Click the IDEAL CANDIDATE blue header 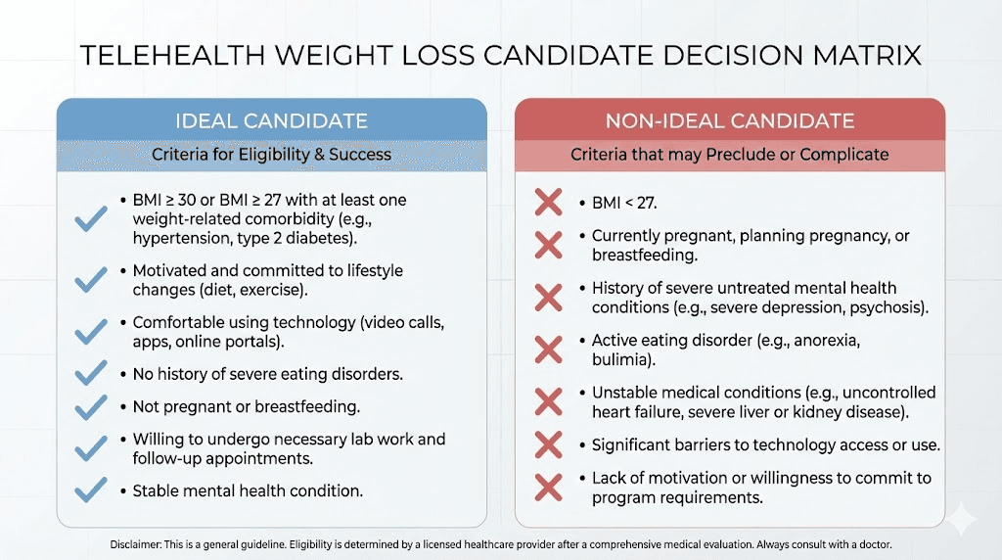[271, 121]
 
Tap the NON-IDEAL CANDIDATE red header [729, 121]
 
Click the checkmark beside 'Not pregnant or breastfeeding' [91, 406]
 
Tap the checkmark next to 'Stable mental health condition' [91, 490]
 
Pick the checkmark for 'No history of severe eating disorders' [91, 373]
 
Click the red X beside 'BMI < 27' [549, 204]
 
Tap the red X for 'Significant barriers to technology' [549, 444]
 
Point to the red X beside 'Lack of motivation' [549, 488]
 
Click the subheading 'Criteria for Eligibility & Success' [271, 155]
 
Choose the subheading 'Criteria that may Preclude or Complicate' [729, 155]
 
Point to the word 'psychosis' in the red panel [888, 307]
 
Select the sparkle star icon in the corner [963, 519]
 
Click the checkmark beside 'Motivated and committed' [91, 280]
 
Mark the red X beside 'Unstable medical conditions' [549, 401]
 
